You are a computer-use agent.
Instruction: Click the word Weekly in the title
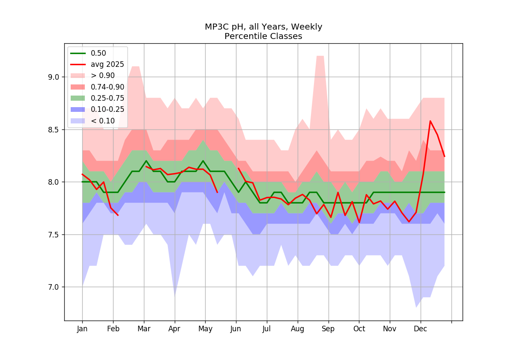306,27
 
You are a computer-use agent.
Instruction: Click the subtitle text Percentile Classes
263,36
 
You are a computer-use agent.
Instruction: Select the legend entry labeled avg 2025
97,65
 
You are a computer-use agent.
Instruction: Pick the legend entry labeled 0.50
88,53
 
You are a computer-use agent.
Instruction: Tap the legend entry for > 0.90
93,75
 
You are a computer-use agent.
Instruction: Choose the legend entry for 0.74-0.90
97,87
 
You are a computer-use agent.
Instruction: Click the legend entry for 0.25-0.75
97,98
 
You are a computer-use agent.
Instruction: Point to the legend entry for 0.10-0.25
97,110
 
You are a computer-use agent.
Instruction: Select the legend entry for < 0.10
93,121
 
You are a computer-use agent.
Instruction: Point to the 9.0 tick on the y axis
54,77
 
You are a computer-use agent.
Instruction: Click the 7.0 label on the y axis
54,287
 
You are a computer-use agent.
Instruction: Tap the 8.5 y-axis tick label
54,130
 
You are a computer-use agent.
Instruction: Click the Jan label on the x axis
82,329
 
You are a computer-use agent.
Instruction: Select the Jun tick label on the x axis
236,329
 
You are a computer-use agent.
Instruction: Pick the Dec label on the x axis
420,329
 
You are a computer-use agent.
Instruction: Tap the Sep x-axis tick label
328,329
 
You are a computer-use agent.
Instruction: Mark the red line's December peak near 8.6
430,121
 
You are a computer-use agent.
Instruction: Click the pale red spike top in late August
320,56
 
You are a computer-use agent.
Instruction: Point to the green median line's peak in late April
203,161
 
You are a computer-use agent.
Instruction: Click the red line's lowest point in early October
359,222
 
